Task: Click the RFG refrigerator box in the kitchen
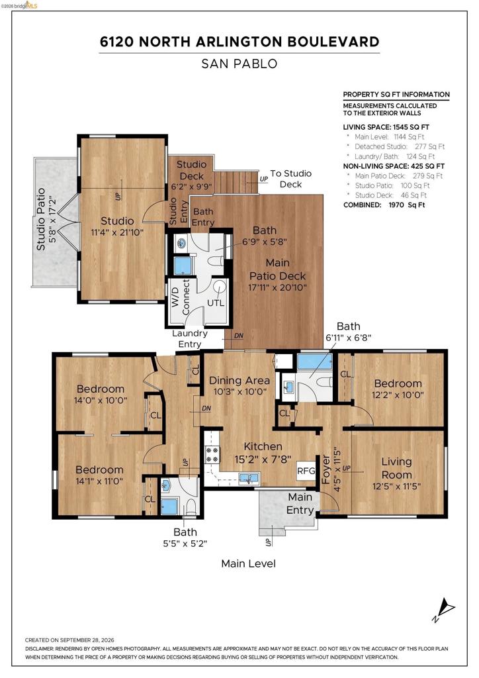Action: [306, 470]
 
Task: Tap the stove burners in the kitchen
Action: [212, 454]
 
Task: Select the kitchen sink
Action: [249, 479]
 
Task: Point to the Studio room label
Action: [117, 221]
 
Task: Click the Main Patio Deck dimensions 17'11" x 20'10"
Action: [277, 287]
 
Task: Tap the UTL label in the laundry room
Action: [216, 303]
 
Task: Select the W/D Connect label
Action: [181, 297]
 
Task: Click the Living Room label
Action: [396, 468]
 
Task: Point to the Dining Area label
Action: [239, 381]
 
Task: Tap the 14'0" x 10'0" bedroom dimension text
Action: [101, 401]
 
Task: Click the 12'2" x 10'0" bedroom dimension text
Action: [398, 395]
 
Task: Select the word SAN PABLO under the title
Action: [239, 64]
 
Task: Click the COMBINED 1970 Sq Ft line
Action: [384, 205]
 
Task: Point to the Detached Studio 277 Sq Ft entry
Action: [400, 146]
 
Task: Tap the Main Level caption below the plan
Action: [248, 563]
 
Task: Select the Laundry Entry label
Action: [190, 338]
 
